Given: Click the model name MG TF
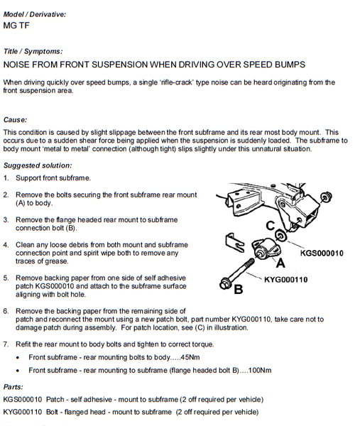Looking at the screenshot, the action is (16, 26).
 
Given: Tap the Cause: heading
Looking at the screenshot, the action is (15, 120).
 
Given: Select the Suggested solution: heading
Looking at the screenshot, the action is (38, 165).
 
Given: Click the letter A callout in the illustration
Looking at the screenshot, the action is (280, 263).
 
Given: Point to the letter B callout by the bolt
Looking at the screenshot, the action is (239, 290).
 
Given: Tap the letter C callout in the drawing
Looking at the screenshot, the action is (271, 226).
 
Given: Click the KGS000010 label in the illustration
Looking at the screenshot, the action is (322, 253).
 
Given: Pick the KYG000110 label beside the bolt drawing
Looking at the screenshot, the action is (286, 280).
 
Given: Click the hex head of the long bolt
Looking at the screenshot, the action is (225, 284).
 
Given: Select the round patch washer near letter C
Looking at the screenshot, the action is (280, 235).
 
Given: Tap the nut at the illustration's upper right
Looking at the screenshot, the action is (326, 197).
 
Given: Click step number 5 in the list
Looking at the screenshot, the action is (6, 278).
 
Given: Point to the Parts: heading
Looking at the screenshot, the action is (13, 387).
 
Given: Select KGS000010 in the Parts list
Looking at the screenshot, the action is (23, 399).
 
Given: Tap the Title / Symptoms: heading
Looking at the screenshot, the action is (33, 51).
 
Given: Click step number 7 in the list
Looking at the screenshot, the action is (6, 344).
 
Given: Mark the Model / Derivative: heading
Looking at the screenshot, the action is (35, 14).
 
